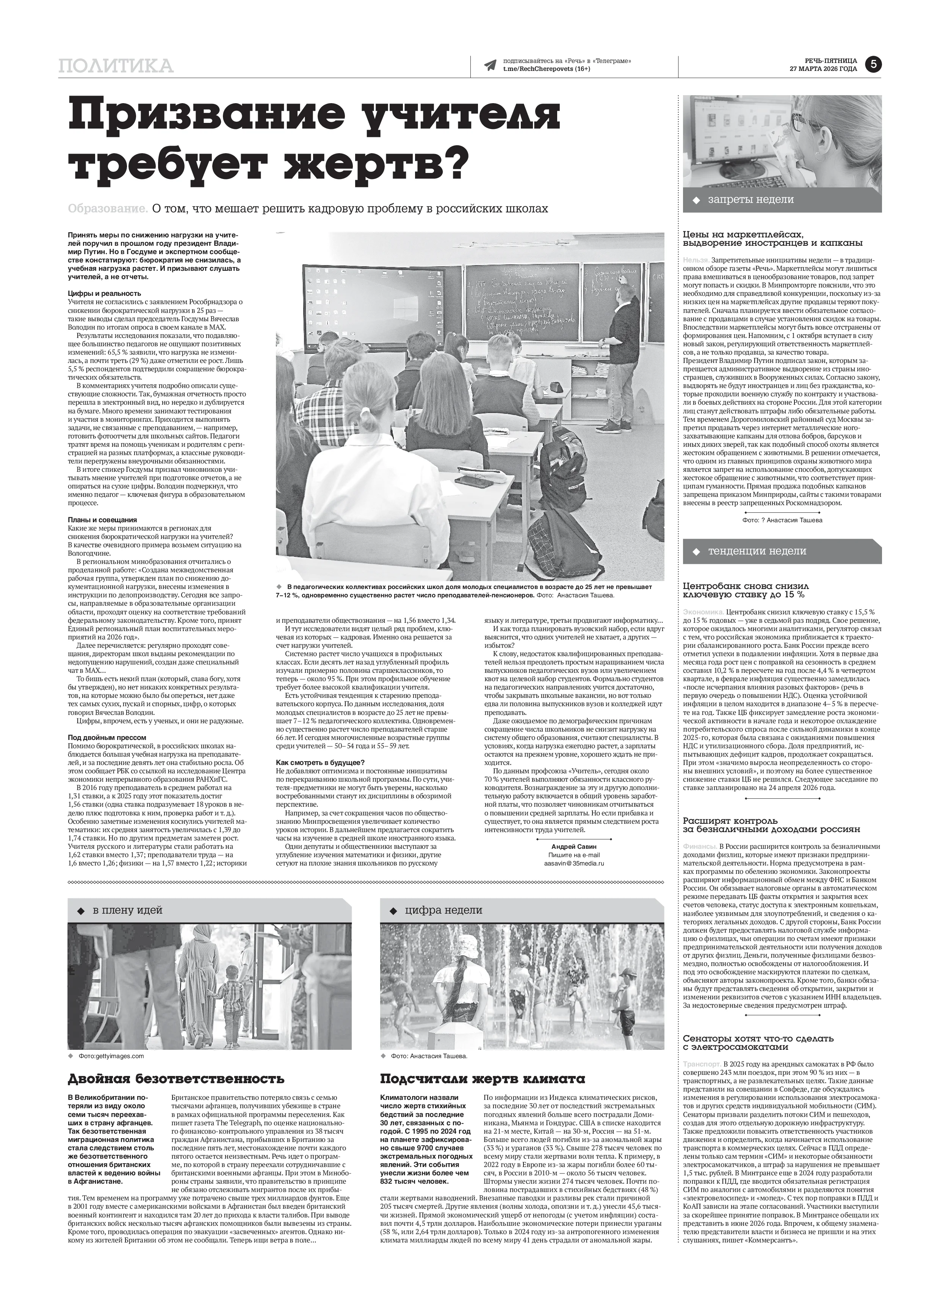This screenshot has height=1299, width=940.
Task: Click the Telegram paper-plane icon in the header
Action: click(x=489, y=65)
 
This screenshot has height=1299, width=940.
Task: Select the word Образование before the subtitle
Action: click(x=108, y=209)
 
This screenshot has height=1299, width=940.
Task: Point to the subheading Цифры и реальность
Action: click(x=104, y=293)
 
